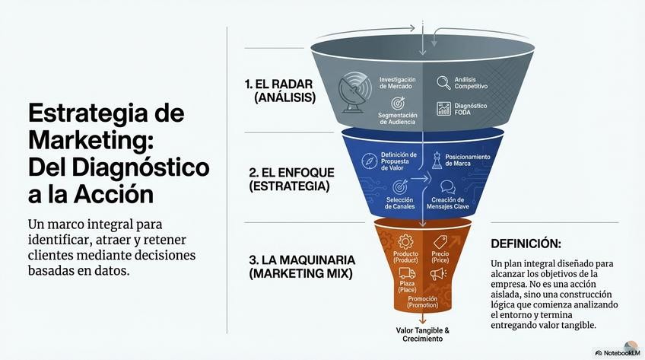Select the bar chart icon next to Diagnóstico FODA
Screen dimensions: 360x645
tap(443, 109)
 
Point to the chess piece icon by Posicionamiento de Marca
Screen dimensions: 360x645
tap(437, 160)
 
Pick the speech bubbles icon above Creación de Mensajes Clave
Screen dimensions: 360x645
tap(447, 186)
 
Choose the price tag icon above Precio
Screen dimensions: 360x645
tap(439, 242)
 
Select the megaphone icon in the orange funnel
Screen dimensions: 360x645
tap(438, 273)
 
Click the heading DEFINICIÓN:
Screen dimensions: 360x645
tap(526, 244)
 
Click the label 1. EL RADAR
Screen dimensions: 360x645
tap(281, 83)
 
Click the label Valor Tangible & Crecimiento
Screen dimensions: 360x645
tap(423, 334)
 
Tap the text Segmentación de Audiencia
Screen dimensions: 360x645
tap(396, 120)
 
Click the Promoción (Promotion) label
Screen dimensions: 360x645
tap(422, 302)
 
